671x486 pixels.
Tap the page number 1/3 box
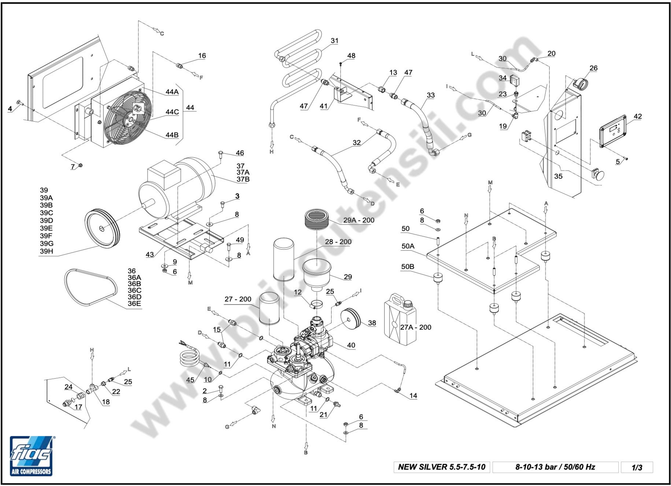coord(637,467)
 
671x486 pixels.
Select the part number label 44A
coord(172,92)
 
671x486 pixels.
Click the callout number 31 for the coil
coord(334,41)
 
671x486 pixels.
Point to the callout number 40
coord(351,345)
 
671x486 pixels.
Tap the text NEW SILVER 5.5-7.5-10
coord(441,467)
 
